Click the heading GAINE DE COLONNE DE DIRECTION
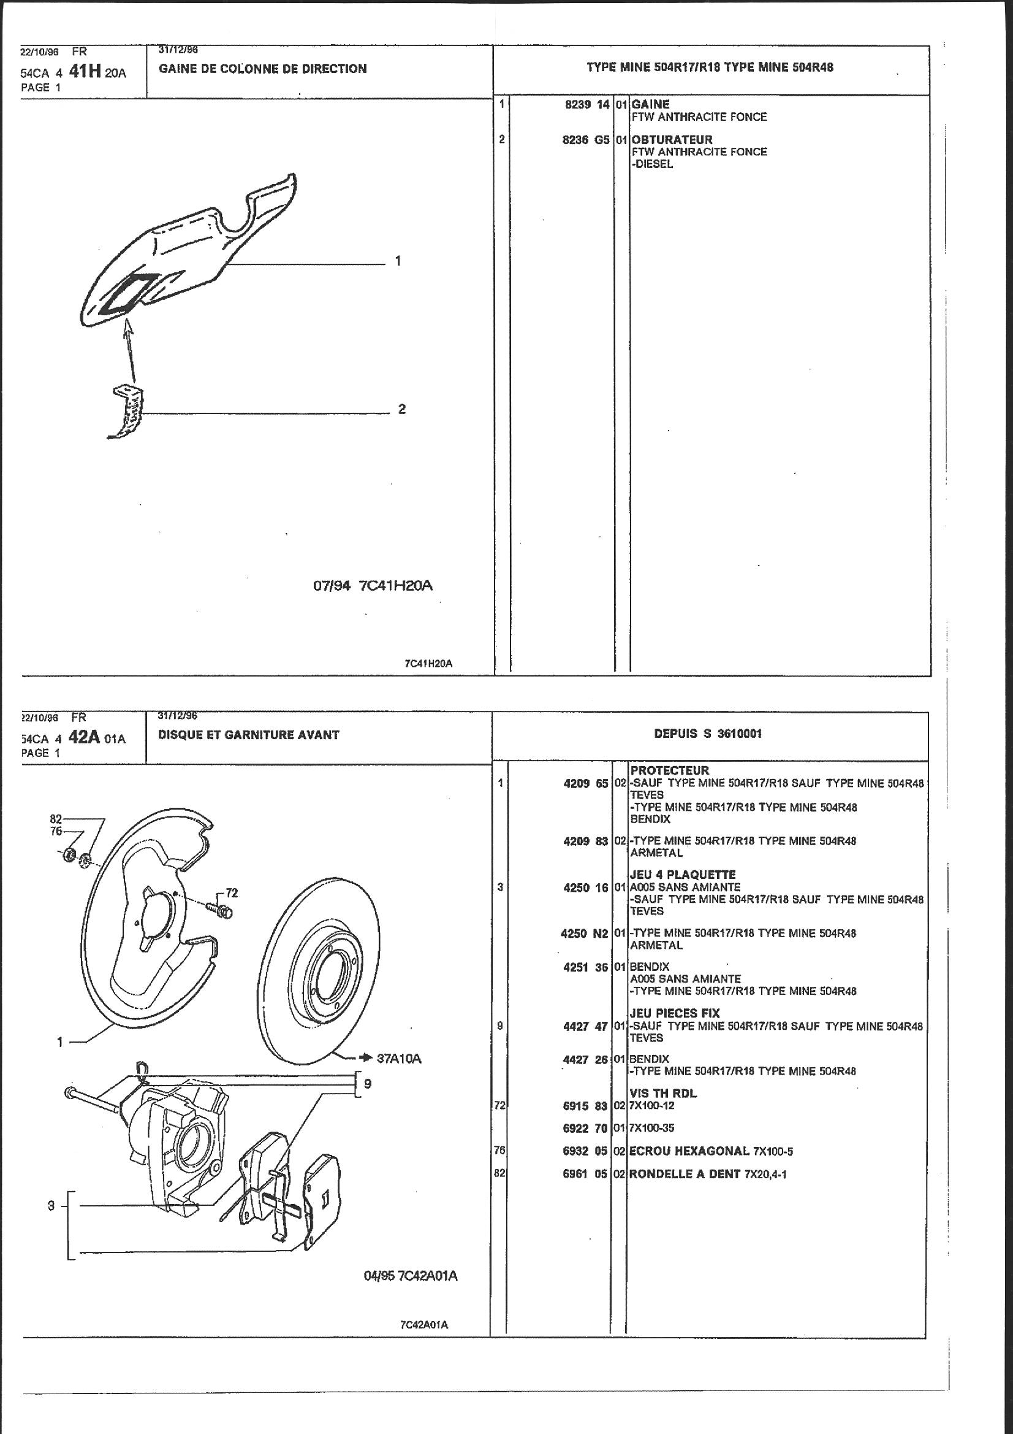click(x=263, y=69)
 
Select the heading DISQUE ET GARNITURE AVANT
click(x=248, y=735)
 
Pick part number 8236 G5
click(x=585, y=140)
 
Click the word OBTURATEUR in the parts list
click(x=672, y=140)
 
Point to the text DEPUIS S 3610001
click(x=708, y=734)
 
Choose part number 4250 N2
click(x=584, y=933)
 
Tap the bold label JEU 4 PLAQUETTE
click(x=683, y=875)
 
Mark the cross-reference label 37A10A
click(x=400, y=1059)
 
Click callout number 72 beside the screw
click(x=232, y=893)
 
